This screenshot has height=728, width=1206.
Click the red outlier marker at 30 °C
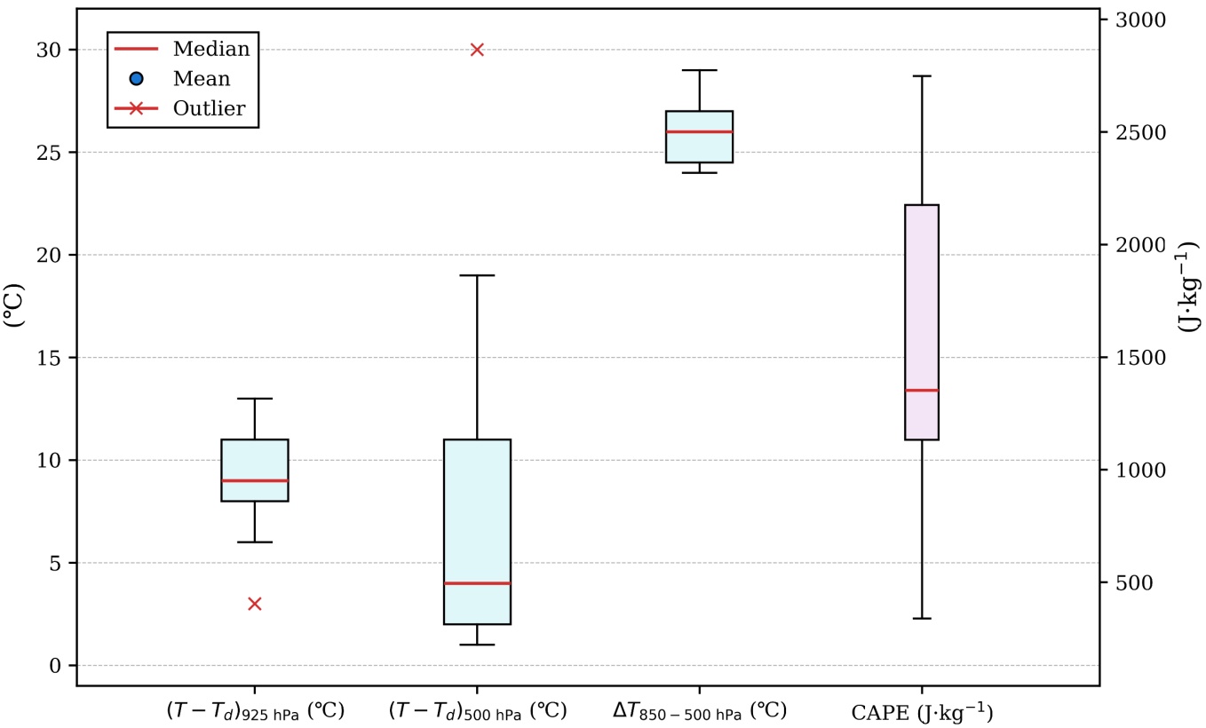click(477, 50)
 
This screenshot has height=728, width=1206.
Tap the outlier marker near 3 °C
click(255, 604)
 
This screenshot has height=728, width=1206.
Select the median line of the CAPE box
click(922, 390)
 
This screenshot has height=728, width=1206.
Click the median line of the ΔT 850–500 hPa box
click(699, 131)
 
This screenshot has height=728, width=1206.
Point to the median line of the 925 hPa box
click(255, 480)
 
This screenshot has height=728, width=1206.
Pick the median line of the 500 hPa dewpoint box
click(477, 583)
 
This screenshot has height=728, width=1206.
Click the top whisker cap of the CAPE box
click(922, 76)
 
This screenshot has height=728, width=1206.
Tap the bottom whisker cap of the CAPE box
click(922, 618)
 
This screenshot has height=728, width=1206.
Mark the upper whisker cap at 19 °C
click(477, 275)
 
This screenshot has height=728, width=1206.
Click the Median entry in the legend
click(211, 48)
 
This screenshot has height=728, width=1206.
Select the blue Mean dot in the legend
click(136, 79)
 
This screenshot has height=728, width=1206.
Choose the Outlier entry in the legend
click(210, 109)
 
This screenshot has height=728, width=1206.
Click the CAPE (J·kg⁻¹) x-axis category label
click(922, 712)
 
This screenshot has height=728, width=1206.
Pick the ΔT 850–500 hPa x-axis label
click(699, 712)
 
